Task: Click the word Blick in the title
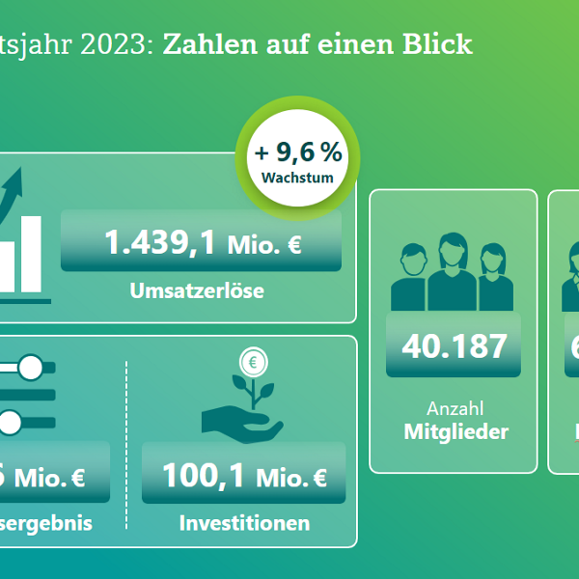pyautogui.click(x=441, y=44)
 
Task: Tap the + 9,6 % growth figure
pyautogui.click(x=298, y=152)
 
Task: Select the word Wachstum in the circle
pyautogui.click(x=297, y=178)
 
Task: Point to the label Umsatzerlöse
pyautogui.click(x=197, y=289)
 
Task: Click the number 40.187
pyautogui.click(x=454, y=345)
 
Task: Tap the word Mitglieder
pyautogui.click(x=455, y=431)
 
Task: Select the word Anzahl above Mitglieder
pyautogui.click(x=454, y=408)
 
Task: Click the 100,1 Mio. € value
pyautogui.click(x=243, y=475)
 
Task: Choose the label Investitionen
pyautogui.click(x=244, y=523)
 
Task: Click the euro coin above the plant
pyautogui.click(x=255, y=363)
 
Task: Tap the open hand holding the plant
pyautogui.click(x=236, y=421)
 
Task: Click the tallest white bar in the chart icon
pyautogui.click(x=31, y=253)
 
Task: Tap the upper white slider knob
pyautogui.click(x=31, y=367)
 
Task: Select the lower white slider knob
pyautogui.click(x=10, y=421)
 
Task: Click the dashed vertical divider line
pyautogui.click(x=127, y=444)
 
